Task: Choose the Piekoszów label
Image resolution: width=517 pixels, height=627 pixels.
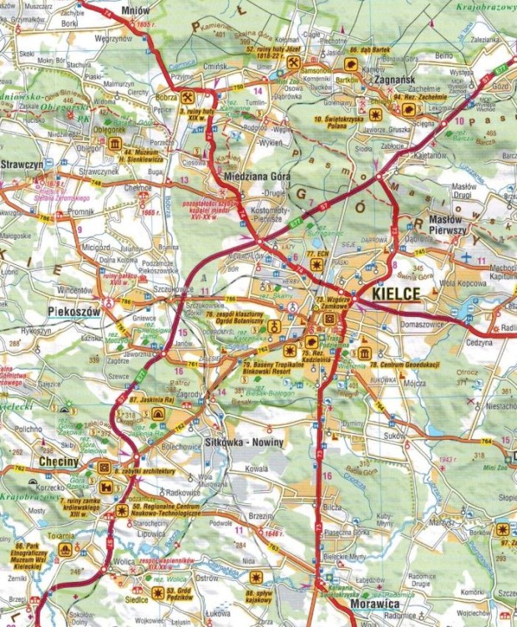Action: click(38, 309)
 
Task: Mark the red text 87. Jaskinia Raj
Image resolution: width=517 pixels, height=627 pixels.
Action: click(159, 403)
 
